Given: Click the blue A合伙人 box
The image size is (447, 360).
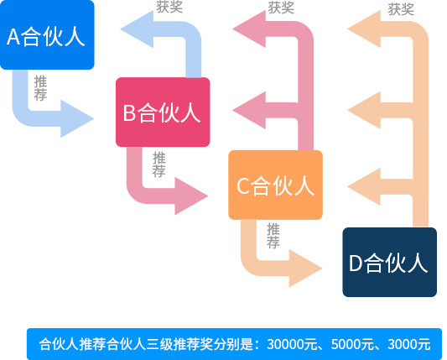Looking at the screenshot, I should coord(48,35).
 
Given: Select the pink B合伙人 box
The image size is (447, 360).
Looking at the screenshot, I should coord(162,112).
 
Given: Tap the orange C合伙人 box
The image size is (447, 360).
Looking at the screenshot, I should coord(275,185).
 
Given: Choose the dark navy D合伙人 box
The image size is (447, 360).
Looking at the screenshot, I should coord(389,262).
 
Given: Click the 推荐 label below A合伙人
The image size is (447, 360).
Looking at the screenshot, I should coord(40,88).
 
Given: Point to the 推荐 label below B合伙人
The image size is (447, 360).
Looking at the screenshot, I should coord(159,164).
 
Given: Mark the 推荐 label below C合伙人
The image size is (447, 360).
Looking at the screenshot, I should coord(273,235).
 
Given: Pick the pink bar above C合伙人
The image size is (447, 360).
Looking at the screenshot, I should coord(273,80).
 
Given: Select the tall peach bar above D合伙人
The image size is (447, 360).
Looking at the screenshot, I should coord(387,117).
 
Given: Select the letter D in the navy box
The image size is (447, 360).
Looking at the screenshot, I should coord(355,263).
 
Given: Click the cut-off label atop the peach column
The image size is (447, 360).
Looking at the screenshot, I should coord(401,9).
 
